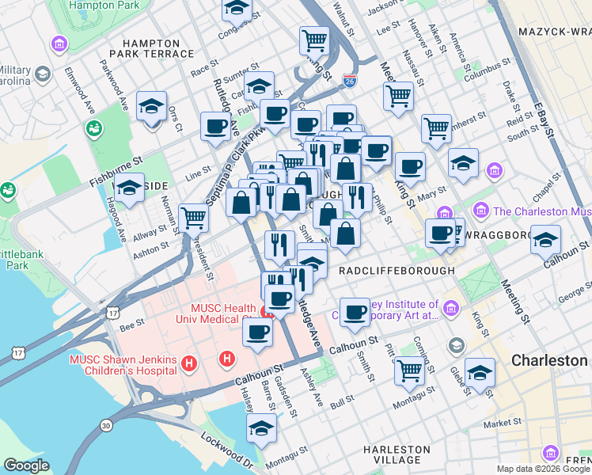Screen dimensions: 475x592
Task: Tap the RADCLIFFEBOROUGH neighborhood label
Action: pos(396,271)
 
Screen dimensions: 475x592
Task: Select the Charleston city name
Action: pos(548,360)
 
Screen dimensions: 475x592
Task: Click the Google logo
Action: pos(26,465)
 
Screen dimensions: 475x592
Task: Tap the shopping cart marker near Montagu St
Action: pos(408,370)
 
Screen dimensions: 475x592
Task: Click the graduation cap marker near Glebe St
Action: pos(480,371)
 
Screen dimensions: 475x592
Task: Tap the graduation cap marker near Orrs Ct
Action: pos(151,106)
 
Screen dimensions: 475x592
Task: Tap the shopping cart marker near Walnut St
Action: pos(314,39)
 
